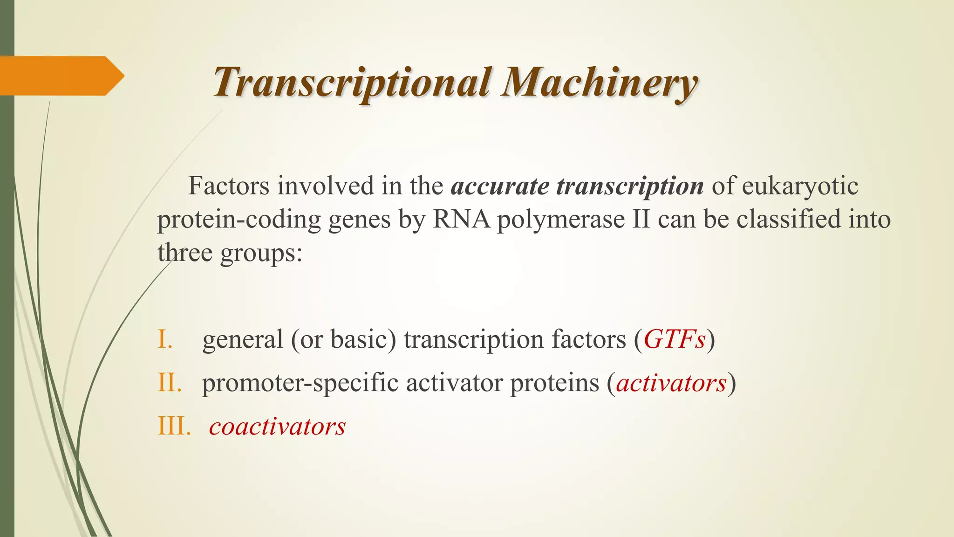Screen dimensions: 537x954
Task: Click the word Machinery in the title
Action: (599, 83)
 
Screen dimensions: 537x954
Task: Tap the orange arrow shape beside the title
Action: (61, 76)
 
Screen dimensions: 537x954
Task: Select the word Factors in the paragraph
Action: (229, 186)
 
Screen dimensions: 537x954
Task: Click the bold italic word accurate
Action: (500, 186)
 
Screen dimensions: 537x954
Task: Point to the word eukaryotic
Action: (800, 186)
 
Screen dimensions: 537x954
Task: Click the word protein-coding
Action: (239, 220)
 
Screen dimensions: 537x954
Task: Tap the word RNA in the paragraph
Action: (461, 219)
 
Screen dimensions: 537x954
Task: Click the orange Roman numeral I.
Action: (165, 339)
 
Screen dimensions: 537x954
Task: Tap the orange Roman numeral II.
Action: (169, 383)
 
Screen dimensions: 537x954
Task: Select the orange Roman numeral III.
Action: (174, 426)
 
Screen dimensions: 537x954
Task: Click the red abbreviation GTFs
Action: (675, 339)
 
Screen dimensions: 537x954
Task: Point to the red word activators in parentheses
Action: (671, 383)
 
